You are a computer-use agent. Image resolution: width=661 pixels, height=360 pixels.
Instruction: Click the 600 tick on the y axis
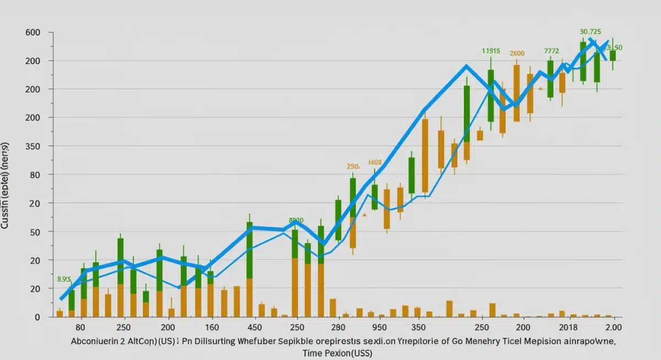[33, 32]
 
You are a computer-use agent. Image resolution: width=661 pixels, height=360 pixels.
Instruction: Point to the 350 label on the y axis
[33, 146]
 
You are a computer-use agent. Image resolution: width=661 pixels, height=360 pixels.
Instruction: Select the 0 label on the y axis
[37, 317]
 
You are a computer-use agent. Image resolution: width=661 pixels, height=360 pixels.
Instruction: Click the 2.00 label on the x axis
[614, 327]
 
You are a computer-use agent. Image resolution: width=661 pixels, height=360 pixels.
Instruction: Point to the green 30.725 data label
[590, 32]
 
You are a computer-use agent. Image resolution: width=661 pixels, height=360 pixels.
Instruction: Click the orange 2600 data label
[517, 54]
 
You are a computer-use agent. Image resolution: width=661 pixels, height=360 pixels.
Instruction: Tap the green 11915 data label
[491, 51]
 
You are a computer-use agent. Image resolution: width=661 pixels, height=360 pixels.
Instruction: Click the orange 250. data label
[353, 166]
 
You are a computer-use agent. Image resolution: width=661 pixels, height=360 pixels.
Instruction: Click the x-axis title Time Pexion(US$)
[337, 353]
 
